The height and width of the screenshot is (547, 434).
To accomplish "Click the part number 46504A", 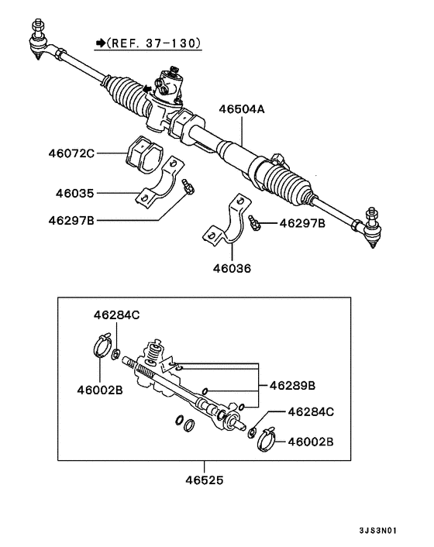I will [241, 110].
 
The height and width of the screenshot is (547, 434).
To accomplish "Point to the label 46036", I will [233, 269].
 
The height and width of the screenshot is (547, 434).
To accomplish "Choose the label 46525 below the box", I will [205, 481].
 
